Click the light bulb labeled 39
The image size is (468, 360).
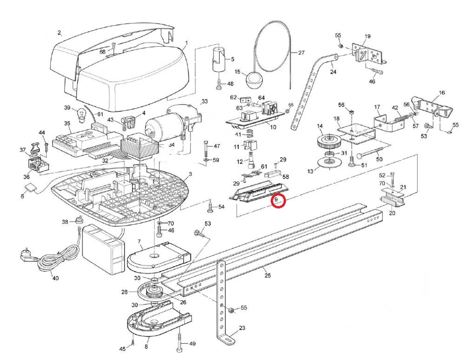coord(80,114)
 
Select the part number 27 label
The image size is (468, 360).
coord(301,53)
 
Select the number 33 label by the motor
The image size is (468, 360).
coord(205,102)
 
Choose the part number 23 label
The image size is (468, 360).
coord(242,328)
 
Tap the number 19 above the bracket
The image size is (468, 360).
coord(367,36)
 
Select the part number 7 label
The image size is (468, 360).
coord(140,243)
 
